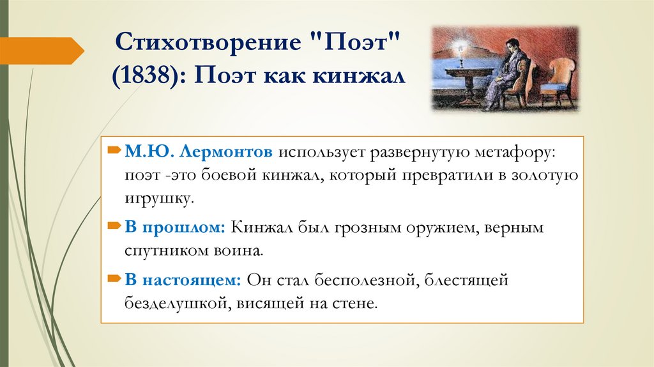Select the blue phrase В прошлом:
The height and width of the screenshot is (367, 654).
pos(174,228)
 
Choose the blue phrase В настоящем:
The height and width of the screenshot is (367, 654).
pos(182,279)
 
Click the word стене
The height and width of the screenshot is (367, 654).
pos(359,302)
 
